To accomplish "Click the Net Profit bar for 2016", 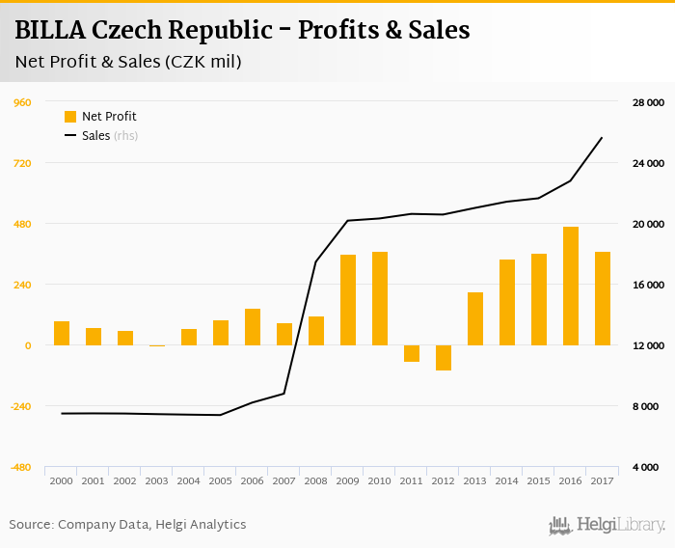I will coord(571,286).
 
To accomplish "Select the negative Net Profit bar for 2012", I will coord(444,358).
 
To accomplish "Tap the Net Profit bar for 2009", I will coord(348,300).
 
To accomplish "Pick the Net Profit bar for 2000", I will coord(62,333).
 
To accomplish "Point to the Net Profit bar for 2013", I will coord(475,318).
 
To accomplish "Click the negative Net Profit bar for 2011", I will coord(412,353).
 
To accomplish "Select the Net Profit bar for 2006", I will coord(253,327).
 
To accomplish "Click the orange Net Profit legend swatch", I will coord(70,117).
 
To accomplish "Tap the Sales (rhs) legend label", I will coord(109,136).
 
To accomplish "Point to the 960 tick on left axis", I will coord(21,102).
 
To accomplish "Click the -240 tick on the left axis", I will coord(18,406).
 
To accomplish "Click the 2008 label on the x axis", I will coord(315,480).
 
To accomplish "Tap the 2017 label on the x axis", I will coord(603,480).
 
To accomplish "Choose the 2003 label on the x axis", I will coord(156,480).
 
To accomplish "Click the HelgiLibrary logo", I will coord(607,525).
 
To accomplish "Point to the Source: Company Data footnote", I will coord(127,525).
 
